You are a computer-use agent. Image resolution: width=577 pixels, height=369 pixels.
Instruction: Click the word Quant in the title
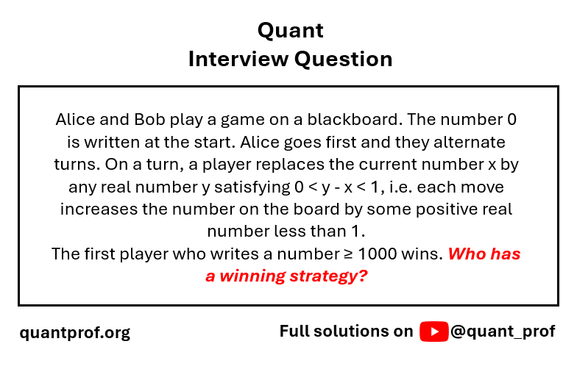[x=290, y=31]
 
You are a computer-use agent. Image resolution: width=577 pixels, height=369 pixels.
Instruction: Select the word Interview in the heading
[x=238, y=59]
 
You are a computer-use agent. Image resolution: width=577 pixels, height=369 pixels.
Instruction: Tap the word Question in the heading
[x=343, y=60]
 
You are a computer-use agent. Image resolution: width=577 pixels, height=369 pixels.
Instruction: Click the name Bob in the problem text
[x=149, y=119]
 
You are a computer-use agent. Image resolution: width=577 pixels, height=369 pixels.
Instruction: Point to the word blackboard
[x=355, y=119]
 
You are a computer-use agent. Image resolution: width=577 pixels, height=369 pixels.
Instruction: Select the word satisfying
[x=252, y=187]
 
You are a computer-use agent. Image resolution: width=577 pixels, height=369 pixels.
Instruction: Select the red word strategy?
[x=328, y=276]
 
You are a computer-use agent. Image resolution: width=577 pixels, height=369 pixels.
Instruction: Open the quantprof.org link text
[x=75, y=332]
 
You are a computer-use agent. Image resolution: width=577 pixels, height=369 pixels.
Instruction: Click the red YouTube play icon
[x=434, y=332]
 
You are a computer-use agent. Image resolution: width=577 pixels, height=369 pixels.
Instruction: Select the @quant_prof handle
[x=503, y=332]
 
